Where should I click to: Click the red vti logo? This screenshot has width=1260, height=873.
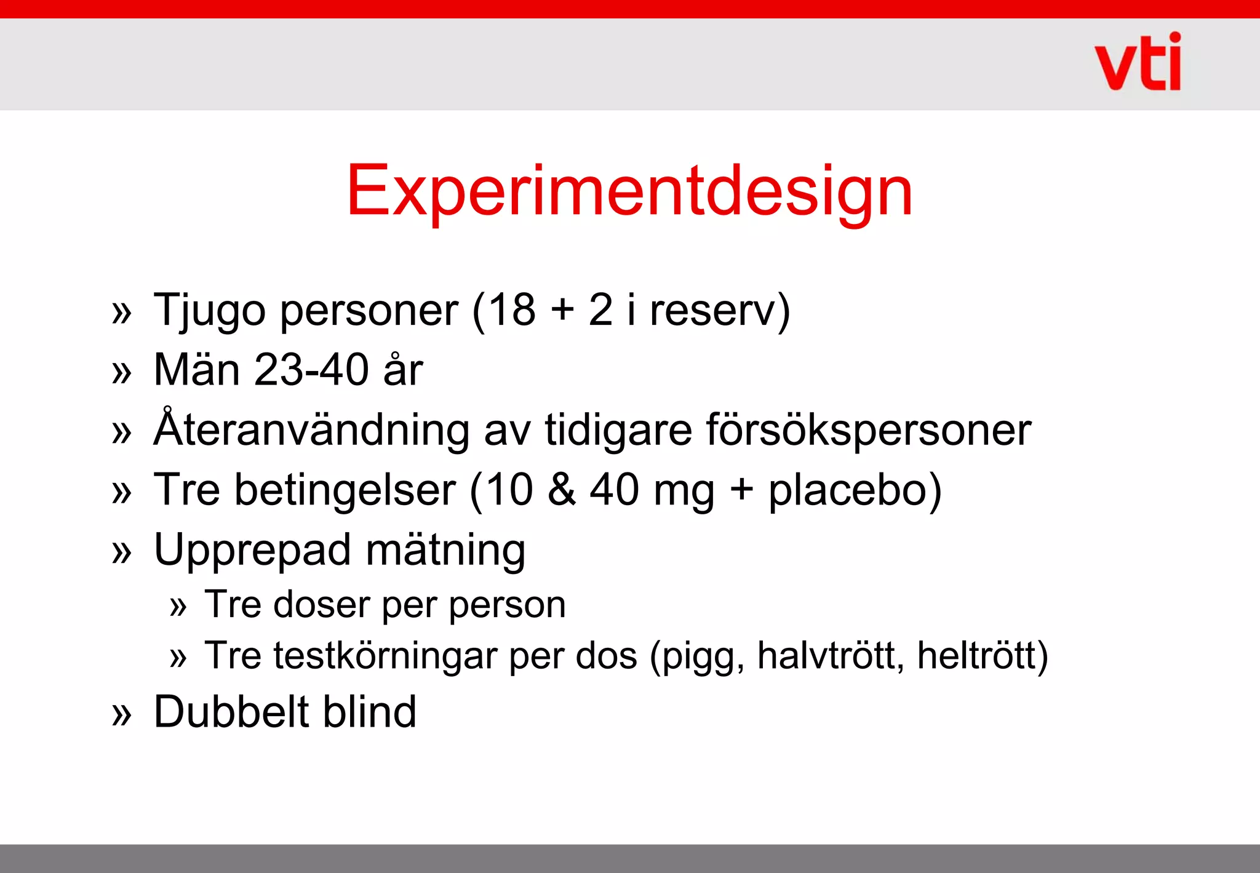(1138, 62)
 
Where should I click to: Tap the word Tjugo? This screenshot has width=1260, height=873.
(210, 311)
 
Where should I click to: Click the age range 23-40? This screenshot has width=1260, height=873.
(311, 370)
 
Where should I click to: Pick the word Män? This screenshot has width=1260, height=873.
(196, 370)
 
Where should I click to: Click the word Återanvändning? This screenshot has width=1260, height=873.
(311, 429)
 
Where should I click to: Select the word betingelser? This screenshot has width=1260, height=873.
(345, 490)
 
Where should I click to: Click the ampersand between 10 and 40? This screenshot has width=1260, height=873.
(562, 490)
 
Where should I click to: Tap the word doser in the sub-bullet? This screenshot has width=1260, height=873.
(321, 605)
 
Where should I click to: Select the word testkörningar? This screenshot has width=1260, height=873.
(385, 656)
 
